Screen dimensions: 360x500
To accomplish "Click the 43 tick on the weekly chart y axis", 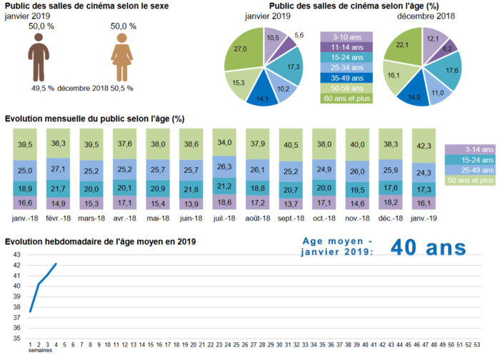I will pyautogui.click(x=16, y=254).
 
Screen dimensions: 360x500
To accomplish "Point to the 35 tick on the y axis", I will pyautogui.click(x=16, y=338).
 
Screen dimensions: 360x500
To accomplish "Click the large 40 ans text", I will pyautogui.click(x=428, y=248).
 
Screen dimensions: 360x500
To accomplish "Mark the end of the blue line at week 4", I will pyautogui.click(x=56, y=264).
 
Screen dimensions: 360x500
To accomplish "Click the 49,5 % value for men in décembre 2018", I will pyautogui.click(x=43, y=88).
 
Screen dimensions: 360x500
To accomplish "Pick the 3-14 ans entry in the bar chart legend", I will pyautogui.click(x=469, y=149).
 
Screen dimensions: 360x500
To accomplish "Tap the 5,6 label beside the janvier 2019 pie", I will pyautogui.click(x=299, y=35).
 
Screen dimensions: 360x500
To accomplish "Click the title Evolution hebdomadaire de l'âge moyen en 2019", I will pyautogui.click(x=100, y=242).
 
